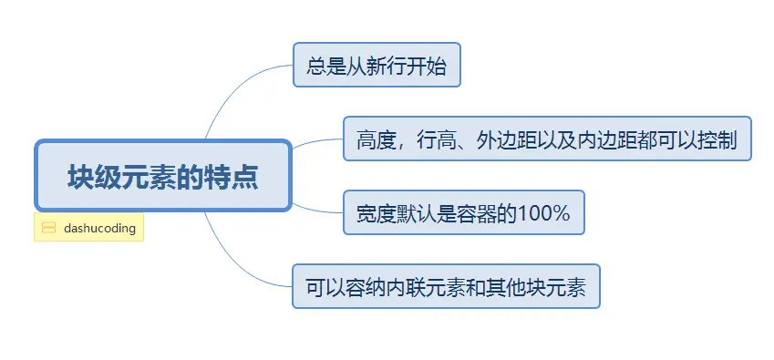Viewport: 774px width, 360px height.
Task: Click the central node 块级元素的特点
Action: tap(162, 175)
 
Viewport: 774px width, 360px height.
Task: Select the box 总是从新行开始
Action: tap(377, 65)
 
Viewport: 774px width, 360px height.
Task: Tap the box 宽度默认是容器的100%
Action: tap(463, 212)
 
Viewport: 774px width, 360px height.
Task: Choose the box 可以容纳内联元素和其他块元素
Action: tap(446, 286)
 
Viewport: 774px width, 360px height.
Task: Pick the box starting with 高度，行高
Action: tap(546, 139)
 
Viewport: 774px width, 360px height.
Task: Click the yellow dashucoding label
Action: tap(89, 228)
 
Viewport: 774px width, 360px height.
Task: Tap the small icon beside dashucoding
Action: tap(49, 228)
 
